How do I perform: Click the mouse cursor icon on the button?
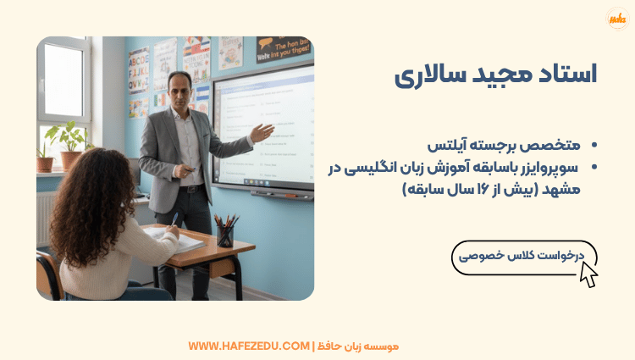[588, 273]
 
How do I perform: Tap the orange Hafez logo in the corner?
[617, 19]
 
